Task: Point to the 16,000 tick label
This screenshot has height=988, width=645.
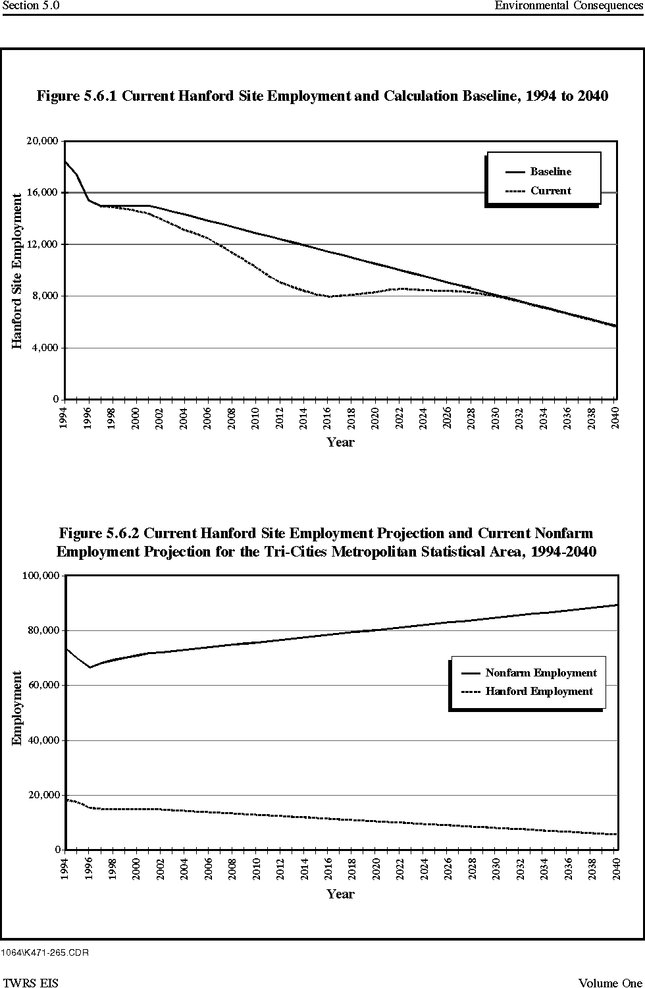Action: (42, 192)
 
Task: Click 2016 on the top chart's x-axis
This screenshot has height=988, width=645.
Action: (328, 418)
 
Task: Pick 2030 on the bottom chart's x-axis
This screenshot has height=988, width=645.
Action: (496, 869)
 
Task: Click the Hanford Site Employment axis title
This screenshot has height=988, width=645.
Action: (16, 271)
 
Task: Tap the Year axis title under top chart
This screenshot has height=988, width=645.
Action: (340, 442)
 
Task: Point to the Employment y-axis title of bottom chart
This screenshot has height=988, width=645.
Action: (16, 708)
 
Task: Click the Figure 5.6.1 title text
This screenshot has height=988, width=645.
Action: (322, 96)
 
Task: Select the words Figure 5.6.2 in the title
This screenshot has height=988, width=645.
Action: (99, 534)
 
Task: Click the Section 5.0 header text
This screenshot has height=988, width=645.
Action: (31, 5)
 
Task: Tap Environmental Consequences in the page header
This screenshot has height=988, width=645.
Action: (569, 5)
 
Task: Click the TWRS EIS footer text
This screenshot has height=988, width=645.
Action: (30, 983)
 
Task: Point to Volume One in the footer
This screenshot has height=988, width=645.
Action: (611, 983)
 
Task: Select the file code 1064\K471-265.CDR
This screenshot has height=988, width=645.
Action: (45, 952)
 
